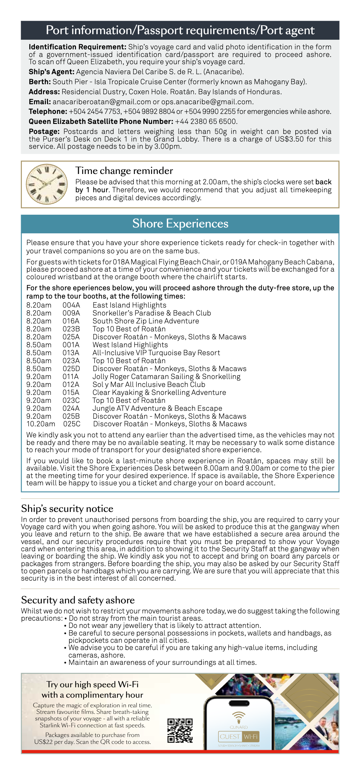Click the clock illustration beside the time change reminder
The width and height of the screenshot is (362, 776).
coord(47,184)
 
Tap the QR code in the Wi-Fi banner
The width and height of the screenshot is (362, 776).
coord(180,730)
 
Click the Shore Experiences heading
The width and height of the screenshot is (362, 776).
coord(180,224)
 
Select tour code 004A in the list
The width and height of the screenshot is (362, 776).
coord(71,305)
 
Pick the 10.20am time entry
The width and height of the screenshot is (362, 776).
coord(40,424)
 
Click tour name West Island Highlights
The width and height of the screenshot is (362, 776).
coord(130,345)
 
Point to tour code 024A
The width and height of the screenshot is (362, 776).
coord(71,408)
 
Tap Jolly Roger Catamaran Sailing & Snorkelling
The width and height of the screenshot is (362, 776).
coord(166,377)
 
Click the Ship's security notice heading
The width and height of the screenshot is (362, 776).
coord(67,508)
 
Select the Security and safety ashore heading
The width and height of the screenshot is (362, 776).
coord(78,600)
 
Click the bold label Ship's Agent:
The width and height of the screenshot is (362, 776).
coord(51,72)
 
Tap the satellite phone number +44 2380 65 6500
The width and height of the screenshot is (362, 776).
coord(206,122)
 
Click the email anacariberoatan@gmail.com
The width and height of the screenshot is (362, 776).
coord(102,102)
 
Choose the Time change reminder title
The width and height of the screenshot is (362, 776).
coord(124,171)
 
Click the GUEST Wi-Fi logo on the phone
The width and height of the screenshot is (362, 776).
coord(239,737)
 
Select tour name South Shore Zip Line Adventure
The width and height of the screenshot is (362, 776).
coord(145,321)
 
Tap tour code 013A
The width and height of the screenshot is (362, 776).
coord(71,353)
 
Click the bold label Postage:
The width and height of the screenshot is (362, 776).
coord(44,132)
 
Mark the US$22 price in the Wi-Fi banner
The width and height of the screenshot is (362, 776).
coord(43,742)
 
